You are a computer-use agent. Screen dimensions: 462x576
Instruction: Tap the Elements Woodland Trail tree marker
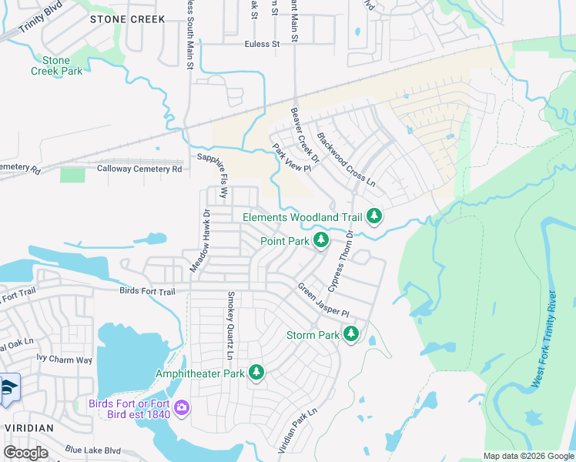pos(374,216)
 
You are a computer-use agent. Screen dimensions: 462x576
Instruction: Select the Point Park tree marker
pos(321,241)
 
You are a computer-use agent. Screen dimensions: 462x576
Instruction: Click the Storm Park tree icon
pos(351,334)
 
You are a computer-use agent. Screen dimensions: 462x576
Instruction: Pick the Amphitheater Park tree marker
pos(256,373)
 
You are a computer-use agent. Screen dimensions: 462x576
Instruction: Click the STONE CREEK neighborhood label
pos(128,18)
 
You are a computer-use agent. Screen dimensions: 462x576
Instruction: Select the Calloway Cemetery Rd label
pos(139,169)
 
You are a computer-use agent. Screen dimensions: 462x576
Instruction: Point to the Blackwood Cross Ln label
pos(346,160)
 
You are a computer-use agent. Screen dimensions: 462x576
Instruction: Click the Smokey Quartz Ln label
pos(229,325)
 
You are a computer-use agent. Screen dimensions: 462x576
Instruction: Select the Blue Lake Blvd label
pos(93,450)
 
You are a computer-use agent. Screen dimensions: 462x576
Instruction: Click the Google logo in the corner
pos(25,453)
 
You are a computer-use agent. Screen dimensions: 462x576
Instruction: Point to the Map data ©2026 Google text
pos(527,456)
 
